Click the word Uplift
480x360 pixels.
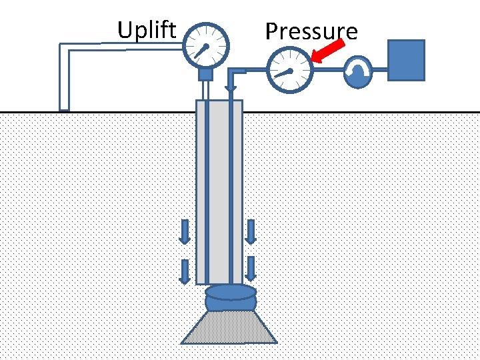pyautogui.click(x=147, y=30)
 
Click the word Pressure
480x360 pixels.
pyautogui.click(x=311, y=31)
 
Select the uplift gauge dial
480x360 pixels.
pyautogui.click(x=205, y=45)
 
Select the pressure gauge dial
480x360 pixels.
pyautogui.click(x=289, y=71)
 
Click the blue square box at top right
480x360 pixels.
pyautogui.click(x=406, y=60)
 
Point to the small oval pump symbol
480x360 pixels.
pyautogui.click(x=359, y=71)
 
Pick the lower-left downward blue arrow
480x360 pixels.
pyautogui.click(x=185, y=270)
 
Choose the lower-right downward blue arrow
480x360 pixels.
pyautogui.click(x=251, y=269)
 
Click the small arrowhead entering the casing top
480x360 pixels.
pyautogui.click(x=230, y=87)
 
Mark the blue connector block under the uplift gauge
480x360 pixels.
pyautogui.click(x=205, y=73)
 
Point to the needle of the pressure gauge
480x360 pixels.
pyautogui.click(x=284, y=73)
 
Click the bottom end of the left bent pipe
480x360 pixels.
pyautogui.click(x=65, y=106)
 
